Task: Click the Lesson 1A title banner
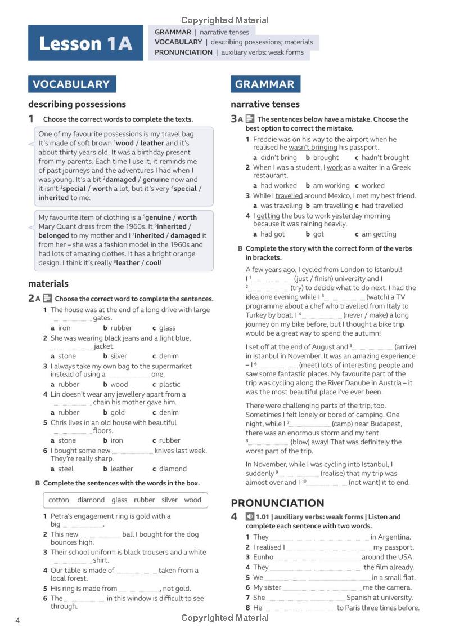pos(85,43)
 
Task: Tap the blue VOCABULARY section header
pos(71,84)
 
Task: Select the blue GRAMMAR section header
pos(265,84)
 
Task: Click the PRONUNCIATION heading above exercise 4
pos(277,503)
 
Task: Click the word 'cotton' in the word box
pos(58,500)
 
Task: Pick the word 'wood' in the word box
pos(192,500)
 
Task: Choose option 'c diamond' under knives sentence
pos(169,469)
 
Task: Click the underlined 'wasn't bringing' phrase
pos(313,148)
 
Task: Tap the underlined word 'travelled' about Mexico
pos(289,196)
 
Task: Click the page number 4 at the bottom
pos(17,621)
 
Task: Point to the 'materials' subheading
pos(48,283)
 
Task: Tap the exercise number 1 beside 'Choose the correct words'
pos(31,119)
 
